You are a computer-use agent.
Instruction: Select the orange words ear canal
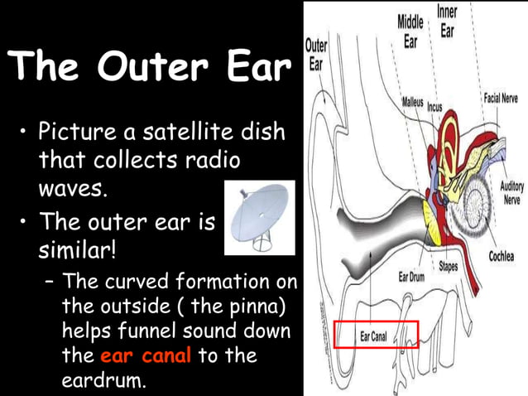click(146, 357)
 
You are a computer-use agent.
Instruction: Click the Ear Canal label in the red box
click(377, 336)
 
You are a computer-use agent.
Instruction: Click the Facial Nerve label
click(500, 99)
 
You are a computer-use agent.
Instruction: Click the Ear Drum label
click(411, 276)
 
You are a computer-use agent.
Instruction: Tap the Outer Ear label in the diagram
click(316, 54)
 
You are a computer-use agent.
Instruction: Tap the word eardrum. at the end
click(103, 382)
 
